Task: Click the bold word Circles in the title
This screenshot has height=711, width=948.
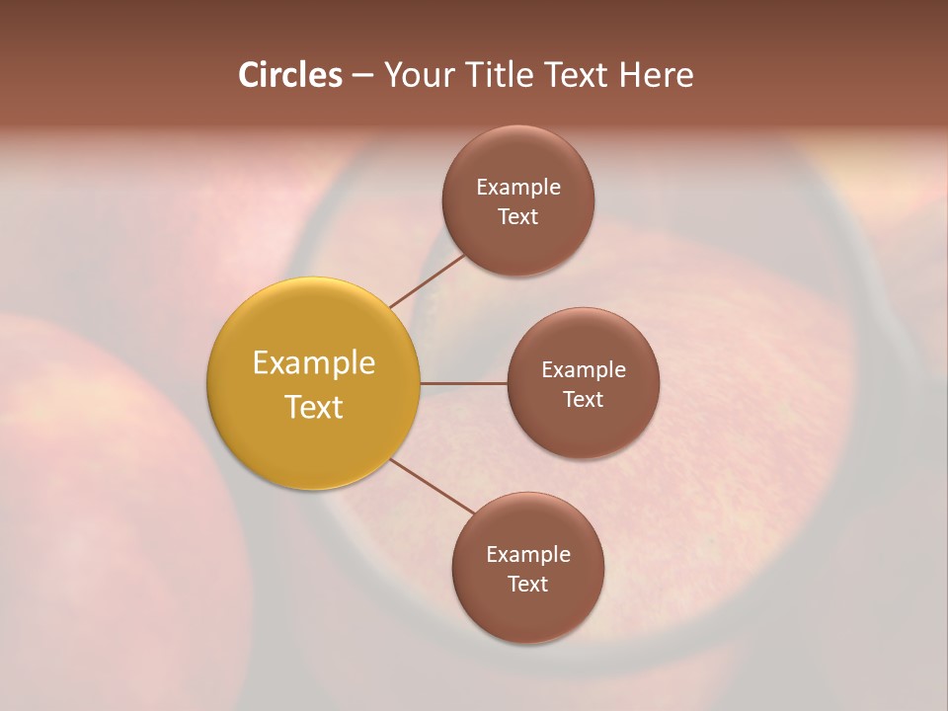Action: point(289,75)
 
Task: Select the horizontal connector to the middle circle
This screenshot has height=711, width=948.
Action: point(463,383)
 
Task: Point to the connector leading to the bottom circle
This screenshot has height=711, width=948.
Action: point(433,487)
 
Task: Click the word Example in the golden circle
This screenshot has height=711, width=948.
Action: point(314,363)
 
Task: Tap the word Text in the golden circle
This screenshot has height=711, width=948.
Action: point(314,407)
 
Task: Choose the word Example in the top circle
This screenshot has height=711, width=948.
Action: point(518,187)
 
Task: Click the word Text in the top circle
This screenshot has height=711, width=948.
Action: point(518,216)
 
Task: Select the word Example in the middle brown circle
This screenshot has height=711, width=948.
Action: point(584,369)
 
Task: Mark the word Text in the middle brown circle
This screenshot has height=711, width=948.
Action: point(584,399)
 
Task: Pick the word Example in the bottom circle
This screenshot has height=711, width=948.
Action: point(528,554)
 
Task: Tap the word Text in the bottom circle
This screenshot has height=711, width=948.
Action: point(528,584)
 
